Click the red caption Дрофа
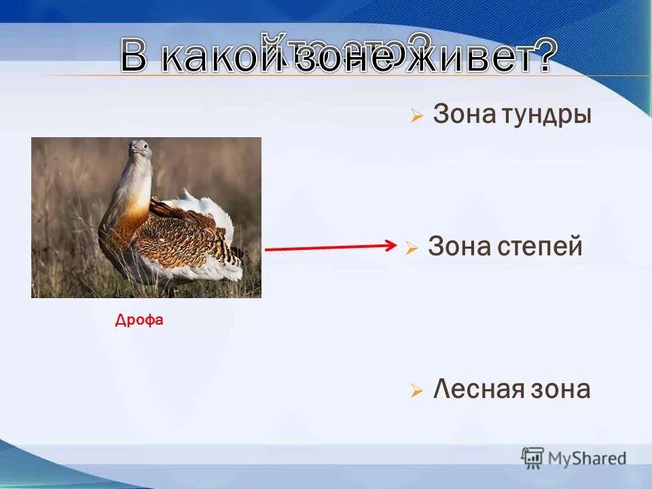[x=139, y=320]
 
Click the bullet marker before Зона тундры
[x=416, y=117]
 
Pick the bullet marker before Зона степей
[x=412, y=249]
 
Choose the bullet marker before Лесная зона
[x=416, y=391]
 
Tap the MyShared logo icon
[x=532, y=457]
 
